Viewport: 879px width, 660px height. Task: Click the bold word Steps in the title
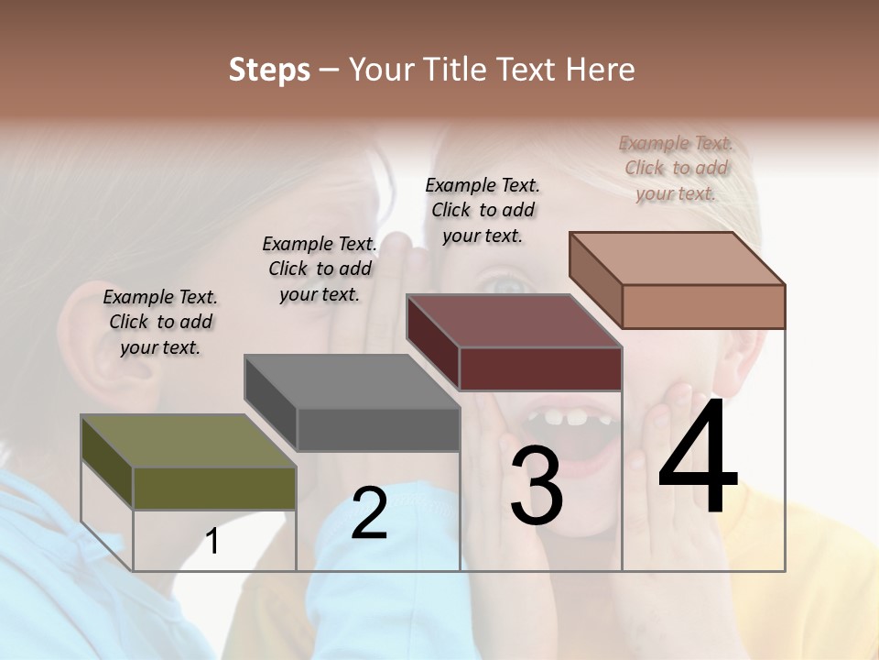tap(269, 69)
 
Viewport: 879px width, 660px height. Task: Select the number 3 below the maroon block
tap(537, 486)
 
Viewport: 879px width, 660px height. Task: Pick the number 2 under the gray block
tap(369, 514)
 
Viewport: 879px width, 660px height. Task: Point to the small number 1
tap(212, 542)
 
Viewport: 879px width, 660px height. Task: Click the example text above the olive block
tap(160, 322)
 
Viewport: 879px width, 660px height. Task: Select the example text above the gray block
tap(320, 269)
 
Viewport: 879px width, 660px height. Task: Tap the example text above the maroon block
tap(483, 210)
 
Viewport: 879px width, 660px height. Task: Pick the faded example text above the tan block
tap(676, 168)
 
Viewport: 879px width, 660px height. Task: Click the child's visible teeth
tap(565, 418)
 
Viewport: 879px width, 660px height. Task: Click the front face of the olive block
tap(214, 488)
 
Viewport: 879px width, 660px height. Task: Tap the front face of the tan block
tap(703, 306)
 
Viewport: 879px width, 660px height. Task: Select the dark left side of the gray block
tap(270, 403)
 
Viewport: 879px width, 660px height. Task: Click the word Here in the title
tap(600, 69)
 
